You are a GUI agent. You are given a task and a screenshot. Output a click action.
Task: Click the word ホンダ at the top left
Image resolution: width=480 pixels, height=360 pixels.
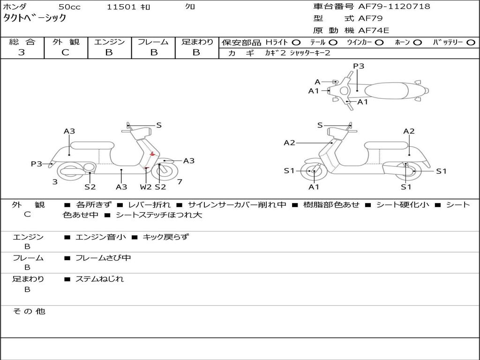click(15, 7)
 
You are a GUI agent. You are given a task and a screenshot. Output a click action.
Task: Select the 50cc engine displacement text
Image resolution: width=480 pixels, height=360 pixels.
click(69, 7)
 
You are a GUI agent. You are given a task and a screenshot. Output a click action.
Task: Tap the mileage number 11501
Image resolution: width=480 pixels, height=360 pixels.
click(121, 7)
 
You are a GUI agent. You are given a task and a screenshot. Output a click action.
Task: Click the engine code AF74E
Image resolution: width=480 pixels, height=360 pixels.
click(374, 31)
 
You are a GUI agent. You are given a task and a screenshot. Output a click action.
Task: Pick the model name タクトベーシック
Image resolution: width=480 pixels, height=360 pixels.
click(35, 19)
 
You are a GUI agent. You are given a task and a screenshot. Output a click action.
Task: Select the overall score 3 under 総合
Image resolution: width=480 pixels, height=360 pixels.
click(22, 52)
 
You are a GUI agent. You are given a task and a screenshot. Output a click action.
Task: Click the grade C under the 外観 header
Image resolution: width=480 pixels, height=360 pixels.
click(65, 52)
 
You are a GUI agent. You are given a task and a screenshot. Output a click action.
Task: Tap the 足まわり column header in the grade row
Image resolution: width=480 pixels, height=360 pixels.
click(197, 42)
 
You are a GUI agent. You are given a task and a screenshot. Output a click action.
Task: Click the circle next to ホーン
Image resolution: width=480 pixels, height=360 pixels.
click(417, 43)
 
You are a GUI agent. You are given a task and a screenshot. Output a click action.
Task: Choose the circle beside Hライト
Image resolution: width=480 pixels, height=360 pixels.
click(296, 43)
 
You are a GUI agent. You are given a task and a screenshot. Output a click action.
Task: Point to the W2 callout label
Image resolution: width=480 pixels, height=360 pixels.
click(146, 187)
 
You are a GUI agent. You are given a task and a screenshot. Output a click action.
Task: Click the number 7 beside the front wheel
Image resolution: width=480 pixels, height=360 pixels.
click(180, 182)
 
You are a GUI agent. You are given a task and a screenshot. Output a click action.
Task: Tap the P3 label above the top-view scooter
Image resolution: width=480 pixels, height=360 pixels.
click(359, 66)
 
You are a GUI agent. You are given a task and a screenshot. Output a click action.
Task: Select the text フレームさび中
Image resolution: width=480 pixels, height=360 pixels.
click(103, 258)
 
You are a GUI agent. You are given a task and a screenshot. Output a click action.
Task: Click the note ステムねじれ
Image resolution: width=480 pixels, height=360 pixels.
click(99, 279)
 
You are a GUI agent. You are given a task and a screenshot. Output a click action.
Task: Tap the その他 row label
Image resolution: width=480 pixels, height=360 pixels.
click(29, 311)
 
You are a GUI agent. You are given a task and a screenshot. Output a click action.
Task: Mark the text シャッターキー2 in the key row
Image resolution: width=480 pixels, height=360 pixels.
click(310, 53)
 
